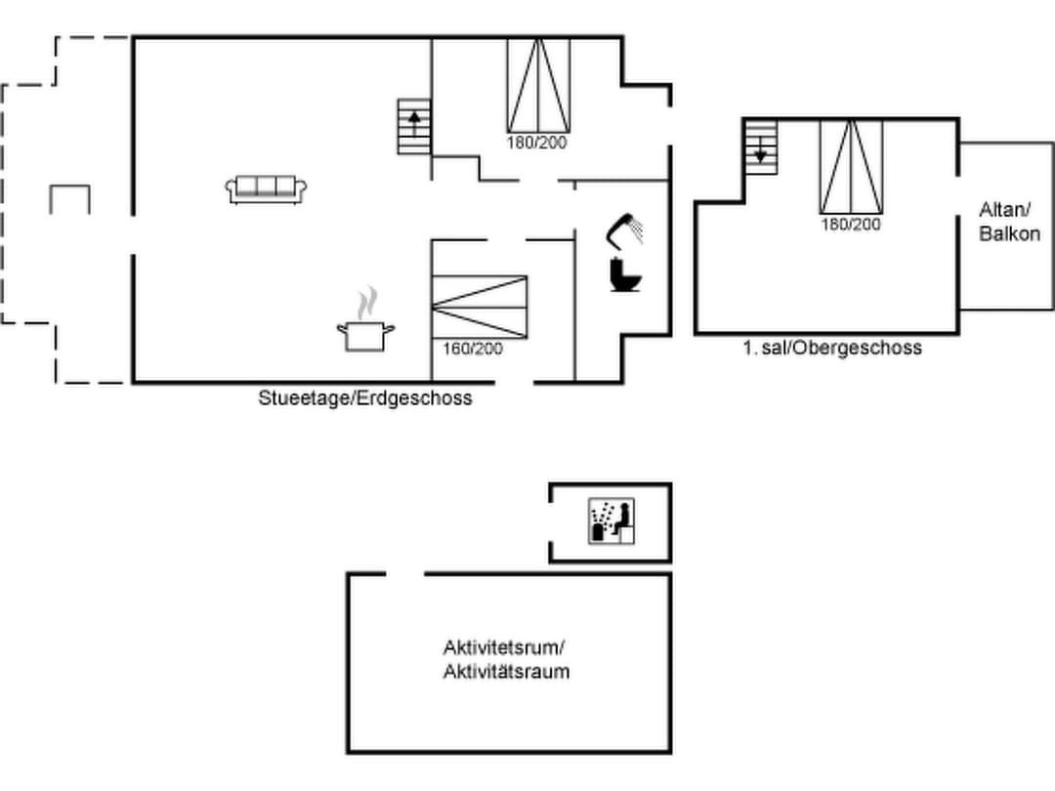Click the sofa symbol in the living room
pyautogui.click(x=266, y=189)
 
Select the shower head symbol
pyautogui.click(x=623, y=229)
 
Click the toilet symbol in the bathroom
pyautogui.click(x=625, y=275)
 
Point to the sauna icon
pyautogui.click(x=612, y=520)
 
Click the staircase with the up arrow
pyautogui.click(x=414, y=126)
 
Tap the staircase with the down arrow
pyautogui.click(x=761, y=147)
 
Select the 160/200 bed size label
pyautogui.click(x=473, y=349)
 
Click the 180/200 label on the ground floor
pyautogui.click(x=537, y=143)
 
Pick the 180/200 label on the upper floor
pyautogui.click(x=851, y=225)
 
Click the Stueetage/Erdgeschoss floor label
pyautogui.click(x=365, y=398)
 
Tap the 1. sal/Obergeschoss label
pyautogui.click(x=832, y=348)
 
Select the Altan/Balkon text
pyautogui.click(x=1009, y=222)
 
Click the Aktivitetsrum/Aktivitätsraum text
pyautogui.click(x=506, y=659)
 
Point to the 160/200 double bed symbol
pyautogui.click(x=479, y=308)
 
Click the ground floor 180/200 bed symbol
pyautogui.click(x=538, y=85)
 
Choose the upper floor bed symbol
pyautogui.click(x=851, y=168)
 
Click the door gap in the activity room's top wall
pyautogui.click(x=405, y=574)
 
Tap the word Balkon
pyautogui.click(x=1009, y=233)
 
